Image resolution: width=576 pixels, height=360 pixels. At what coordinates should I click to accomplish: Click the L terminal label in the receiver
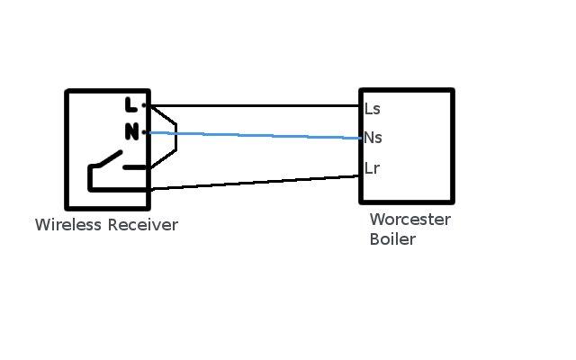point(131,105)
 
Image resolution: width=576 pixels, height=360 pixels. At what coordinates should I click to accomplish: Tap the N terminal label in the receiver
point(131,132)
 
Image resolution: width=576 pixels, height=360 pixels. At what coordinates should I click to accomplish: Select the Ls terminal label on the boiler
point(372,109)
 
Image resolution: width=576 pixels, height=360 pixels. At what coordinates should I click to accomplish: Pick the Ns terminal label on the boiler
point(373,138)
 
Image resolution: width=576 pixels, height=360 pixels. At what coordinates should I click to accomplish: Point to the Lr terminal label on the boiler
point(372,168)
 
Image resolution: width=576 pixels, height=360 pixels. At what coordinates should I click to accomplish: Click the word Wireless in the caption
point(68,225)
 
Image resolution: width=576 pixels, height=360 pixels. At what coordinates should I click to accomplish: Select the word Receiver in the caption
point(142,225)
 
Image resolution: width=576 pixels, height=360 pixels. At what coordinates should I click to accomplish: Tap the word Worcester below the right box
point(409,220)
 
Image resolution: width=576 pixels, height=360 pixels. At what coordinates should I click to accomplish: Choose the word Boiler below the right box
point(392,240)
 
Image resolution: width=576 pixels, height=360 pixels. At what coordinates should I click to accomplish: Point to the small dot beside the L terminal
point(144,105)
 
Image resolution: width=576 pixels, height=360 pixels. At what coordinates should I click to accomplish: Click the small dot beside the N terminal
point(144,132)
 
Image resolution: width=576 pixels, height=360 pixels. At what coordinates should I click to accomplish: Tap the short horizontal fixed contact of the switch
point(135,167)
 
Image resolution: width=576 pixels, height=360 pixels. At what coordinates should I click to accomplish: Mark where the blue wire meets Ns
point(360,139)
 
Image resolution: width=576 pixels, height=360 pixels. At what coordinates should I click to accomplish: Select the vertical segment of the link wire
point(176,137)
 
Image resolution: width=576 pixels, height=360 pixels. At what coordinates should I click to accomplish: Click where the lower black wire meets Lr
point(360,176)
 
